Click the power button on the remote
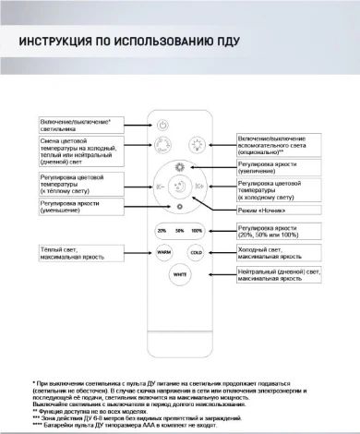[x=164, y=125]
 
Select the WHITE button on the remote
[x=180, y=274]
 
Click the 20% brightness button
[x=162, y=230]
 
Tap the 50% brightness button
[x=179, y=230]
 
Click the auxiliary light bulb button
[x=197, y=144]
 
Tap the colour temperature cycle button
[x=163, y=144]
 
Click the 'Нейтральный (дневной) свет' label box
[x=281, y=274]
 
